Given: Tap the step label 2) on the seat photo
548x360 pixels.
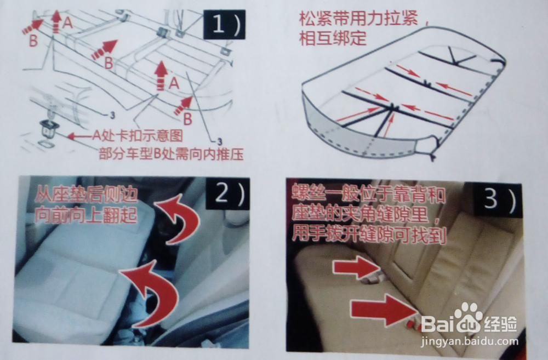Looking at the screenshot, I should pyautogui.click(x=227, y=193).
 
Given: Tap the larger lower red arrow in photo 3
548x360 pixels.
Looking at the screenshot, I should pyautogui.click(x=383, y=310).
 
